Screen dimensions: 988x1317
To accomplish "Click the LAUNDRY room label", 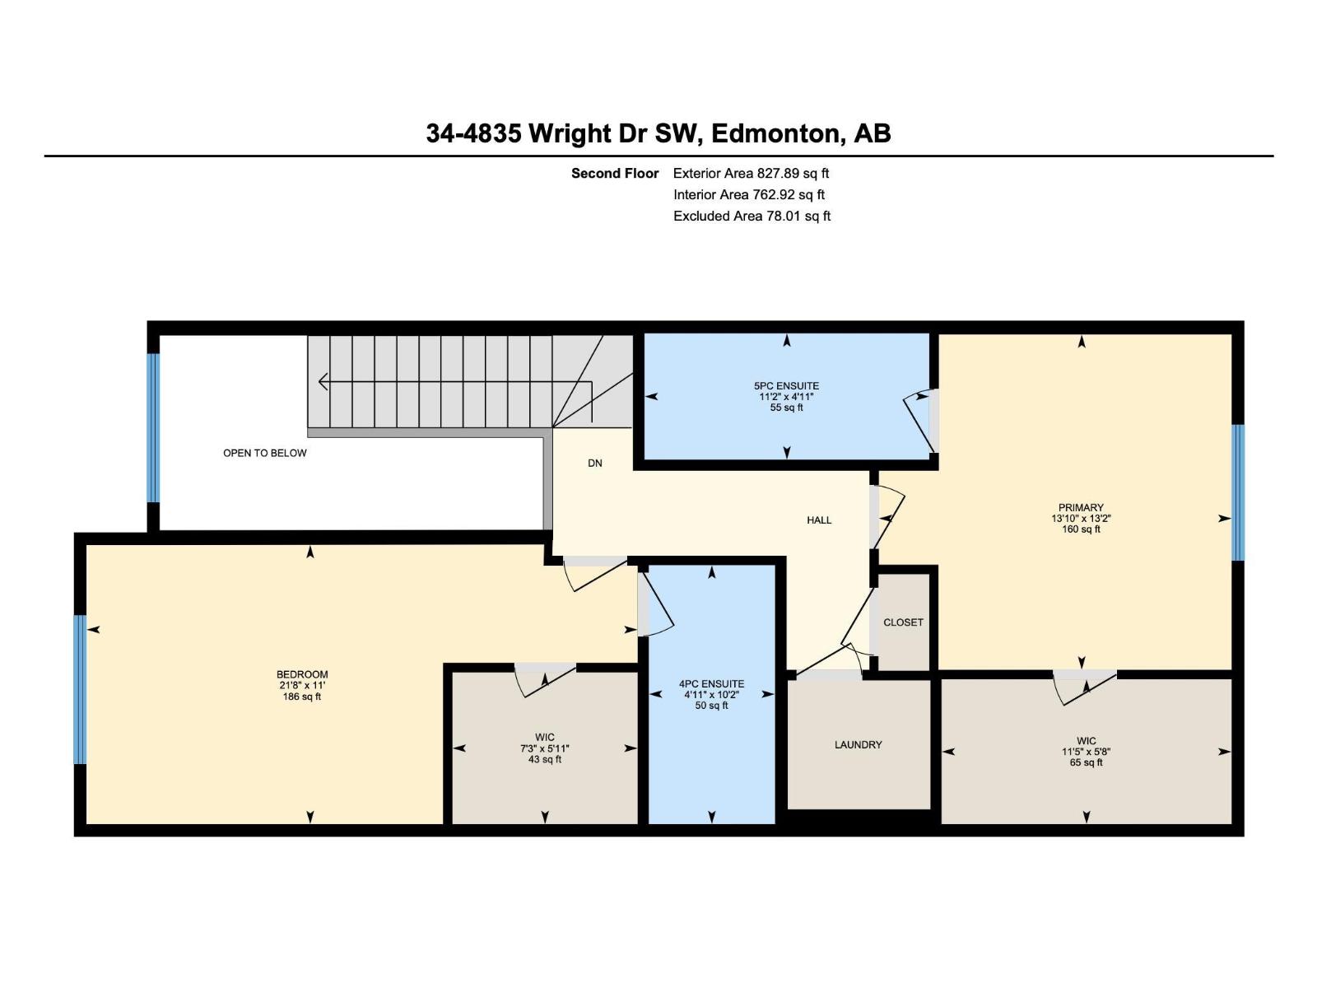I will point(858,744).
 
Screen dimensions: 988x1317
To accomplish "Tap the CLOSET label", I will point(903,622).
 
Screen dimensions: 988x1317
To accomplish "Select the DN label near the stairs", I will point(594,464).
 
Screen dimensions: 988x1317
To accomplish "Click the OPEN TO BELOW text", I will point(264,453).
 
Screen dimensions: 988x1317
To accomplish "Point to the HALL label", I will point(819,520).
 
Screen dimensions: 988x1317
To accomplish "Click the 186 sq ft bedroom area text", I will point(301,697).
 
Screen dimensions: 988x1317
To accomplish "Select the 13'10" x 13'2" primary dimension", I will point(1081,519).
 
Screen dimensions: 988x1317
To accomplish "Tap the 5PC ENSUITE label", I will point(786,386).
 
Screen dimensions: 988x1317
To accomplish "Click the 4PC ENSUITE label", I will point(711,683).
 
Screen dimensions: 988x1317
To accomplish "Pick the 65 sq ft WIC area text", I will point(1086,762).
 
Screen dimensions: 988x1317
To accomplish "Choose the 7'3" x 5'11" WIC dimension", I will point(544,748).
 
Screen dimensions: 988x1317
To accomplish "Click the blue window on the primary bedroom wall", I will point(1238,492).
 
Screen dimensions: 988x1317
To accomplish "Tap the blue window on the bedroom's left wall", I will point(80,690).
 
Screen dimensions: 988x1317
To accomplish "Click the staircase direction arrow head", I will point(323,382).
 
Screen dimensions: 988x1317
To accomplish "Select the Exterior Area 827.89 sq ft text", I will point(751,173).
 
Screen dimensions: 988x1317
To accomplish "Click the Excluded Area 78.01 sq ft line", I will point(752,216).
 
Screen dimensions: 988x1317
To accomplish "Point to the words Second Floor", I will point(615,173).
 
